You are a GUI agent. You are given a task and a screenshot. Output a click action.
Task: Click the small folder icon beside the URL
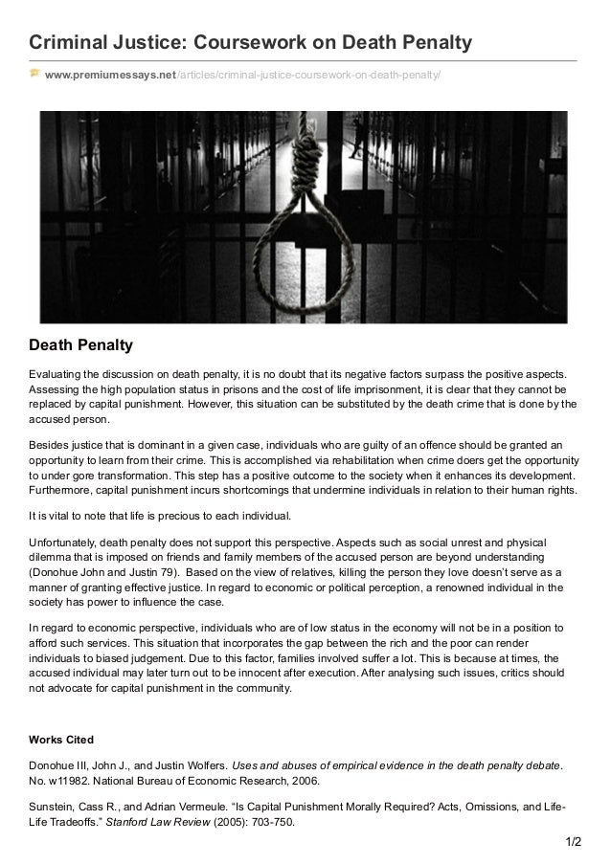34,73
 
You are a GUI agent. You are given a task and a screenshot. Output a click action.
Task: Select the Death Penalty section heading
80,343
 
